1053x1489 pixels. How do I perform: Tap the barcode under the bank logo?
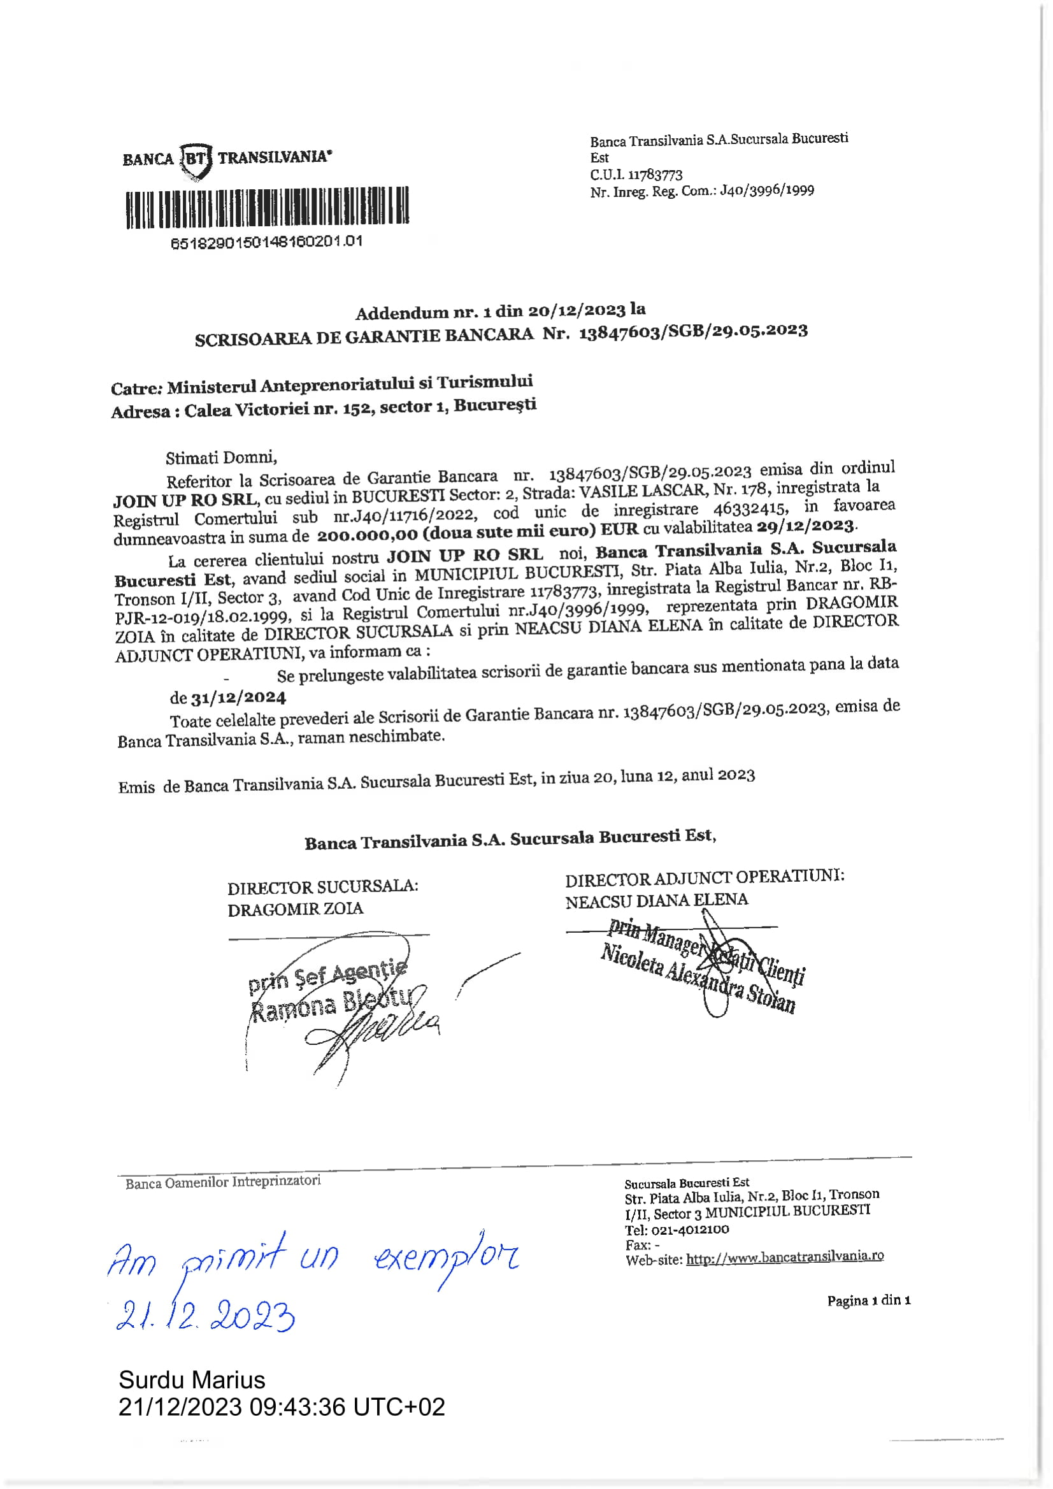coord(267,208)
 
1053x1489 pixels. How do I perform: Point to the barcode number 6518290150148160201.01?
coord(266,243)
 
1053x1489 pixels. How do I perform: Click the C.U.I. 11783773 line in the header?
coord(636,175)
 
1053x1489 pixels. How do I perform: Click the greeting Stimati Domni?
coord(221,458)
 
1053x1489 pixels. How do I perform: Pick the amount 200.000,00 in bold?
coord(366,535)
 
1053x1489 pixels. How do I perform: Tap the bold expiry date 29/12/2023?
coord(810,525)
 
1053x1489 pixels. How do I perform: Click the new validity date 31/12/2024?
coord(238,698)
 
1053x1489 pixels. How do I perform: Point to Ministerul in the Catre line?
coord(211,387)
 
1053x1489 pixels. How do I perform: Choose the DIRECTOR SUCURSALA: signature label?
coord(322,886)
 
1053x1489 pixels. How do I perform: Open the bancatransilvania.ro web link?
coord(785,1257)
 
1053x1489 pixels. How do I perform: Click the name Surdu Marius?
coord(192,1380)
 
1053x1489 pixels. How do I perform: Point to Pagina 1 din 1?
coord(868,1300)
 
